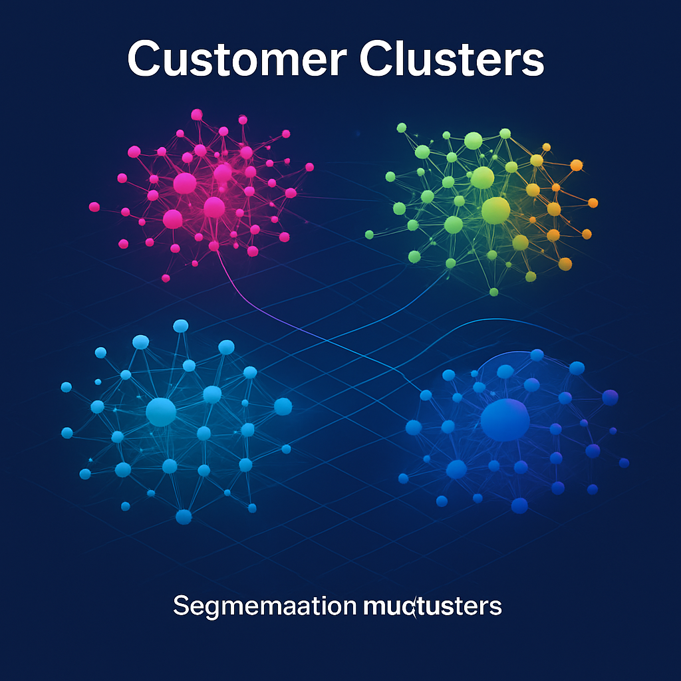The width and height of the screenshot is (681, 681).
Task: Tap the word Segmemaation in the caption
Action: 265,606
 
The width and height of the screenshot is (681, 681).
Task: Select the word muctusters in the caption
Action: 433,606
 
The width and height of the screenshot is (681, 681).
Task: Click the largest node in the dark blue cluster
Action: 505,420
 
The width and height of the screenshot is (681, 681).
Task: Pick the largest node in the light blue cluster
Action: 160,412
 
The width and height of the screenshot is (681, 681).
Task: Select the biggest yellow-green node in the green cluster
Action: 495,209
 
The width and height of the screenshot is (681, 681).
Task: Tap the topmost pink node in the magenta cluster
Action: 196,114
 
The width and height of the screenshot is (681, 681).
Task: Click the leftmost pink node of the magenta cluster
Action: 94,207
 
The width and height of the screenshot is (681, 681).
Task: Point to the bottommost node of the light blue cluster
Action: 184,516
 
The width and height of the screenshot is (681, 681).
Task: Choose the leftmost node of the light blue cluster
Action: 66,387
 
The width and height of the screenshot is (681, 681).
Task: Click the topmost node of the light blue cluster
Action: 181,325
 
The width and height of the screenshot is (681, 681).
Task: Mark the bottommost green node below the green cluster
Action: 493,291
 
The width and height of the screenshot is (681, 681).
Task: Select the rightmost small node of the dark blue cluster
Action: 624,462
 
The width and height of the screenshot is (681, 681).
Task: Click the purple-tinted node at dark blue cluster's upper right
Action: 610,397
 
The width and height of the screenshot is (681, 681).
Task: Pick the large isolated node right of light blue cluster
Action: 283,406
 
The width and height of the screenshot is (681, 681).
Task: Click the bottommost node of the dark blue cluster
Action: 519,505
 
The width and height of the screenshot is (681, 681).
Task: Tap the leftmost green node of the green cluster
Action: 370,234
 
